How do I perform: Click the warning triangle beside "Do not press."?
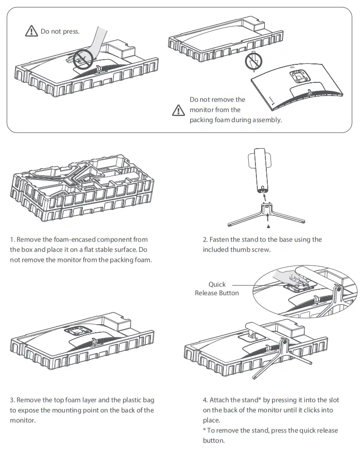click(x=31, y=32)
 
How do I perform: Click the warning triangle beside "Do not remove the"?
click(x=178, y=110)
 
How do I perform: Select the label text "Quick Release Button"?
click(x=217, y=289)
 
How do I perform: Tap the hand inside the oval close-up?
click(x=287, y=276)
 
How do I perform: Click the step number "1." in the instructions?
click(x=12, y=240)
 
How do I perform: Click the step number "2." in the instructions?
click(x=205, y=240)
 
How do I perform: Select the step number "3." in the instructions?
click(x=12, y=400)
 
